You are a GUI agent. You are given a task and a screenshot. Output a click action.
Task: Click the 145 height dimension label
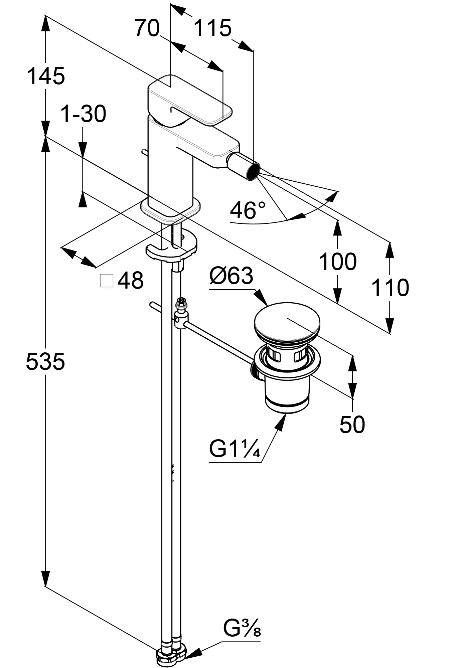(46, 76)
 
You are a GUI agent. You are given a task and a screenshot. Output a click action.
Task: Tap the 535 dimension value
(45, 361)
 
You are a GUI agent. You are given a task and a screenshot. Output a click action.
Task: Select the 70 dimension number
(147, 28)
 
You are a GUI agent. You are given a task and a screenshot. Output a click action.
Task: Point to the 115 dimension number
(212, 28)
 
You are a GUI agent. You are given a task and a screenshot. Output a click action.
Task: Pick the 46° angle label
(248, 210)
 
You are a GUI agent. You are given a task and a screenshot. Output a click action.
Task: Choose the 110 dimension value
(390, 288)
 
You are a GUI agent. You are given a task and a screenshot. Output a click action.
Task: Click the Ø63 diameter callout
(231, 276)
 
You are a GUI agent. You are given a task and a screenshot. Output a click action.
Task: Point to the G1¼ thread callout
(235, 450)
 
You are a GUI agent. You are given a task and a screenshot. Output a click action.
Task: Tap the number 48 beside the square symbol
(131, 281)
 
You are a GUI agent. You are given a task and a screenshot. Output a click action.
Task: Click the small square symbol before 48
(107, 281)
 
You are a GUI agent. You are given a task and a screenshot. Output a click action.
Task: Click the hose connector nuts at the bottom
(171, 654)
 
